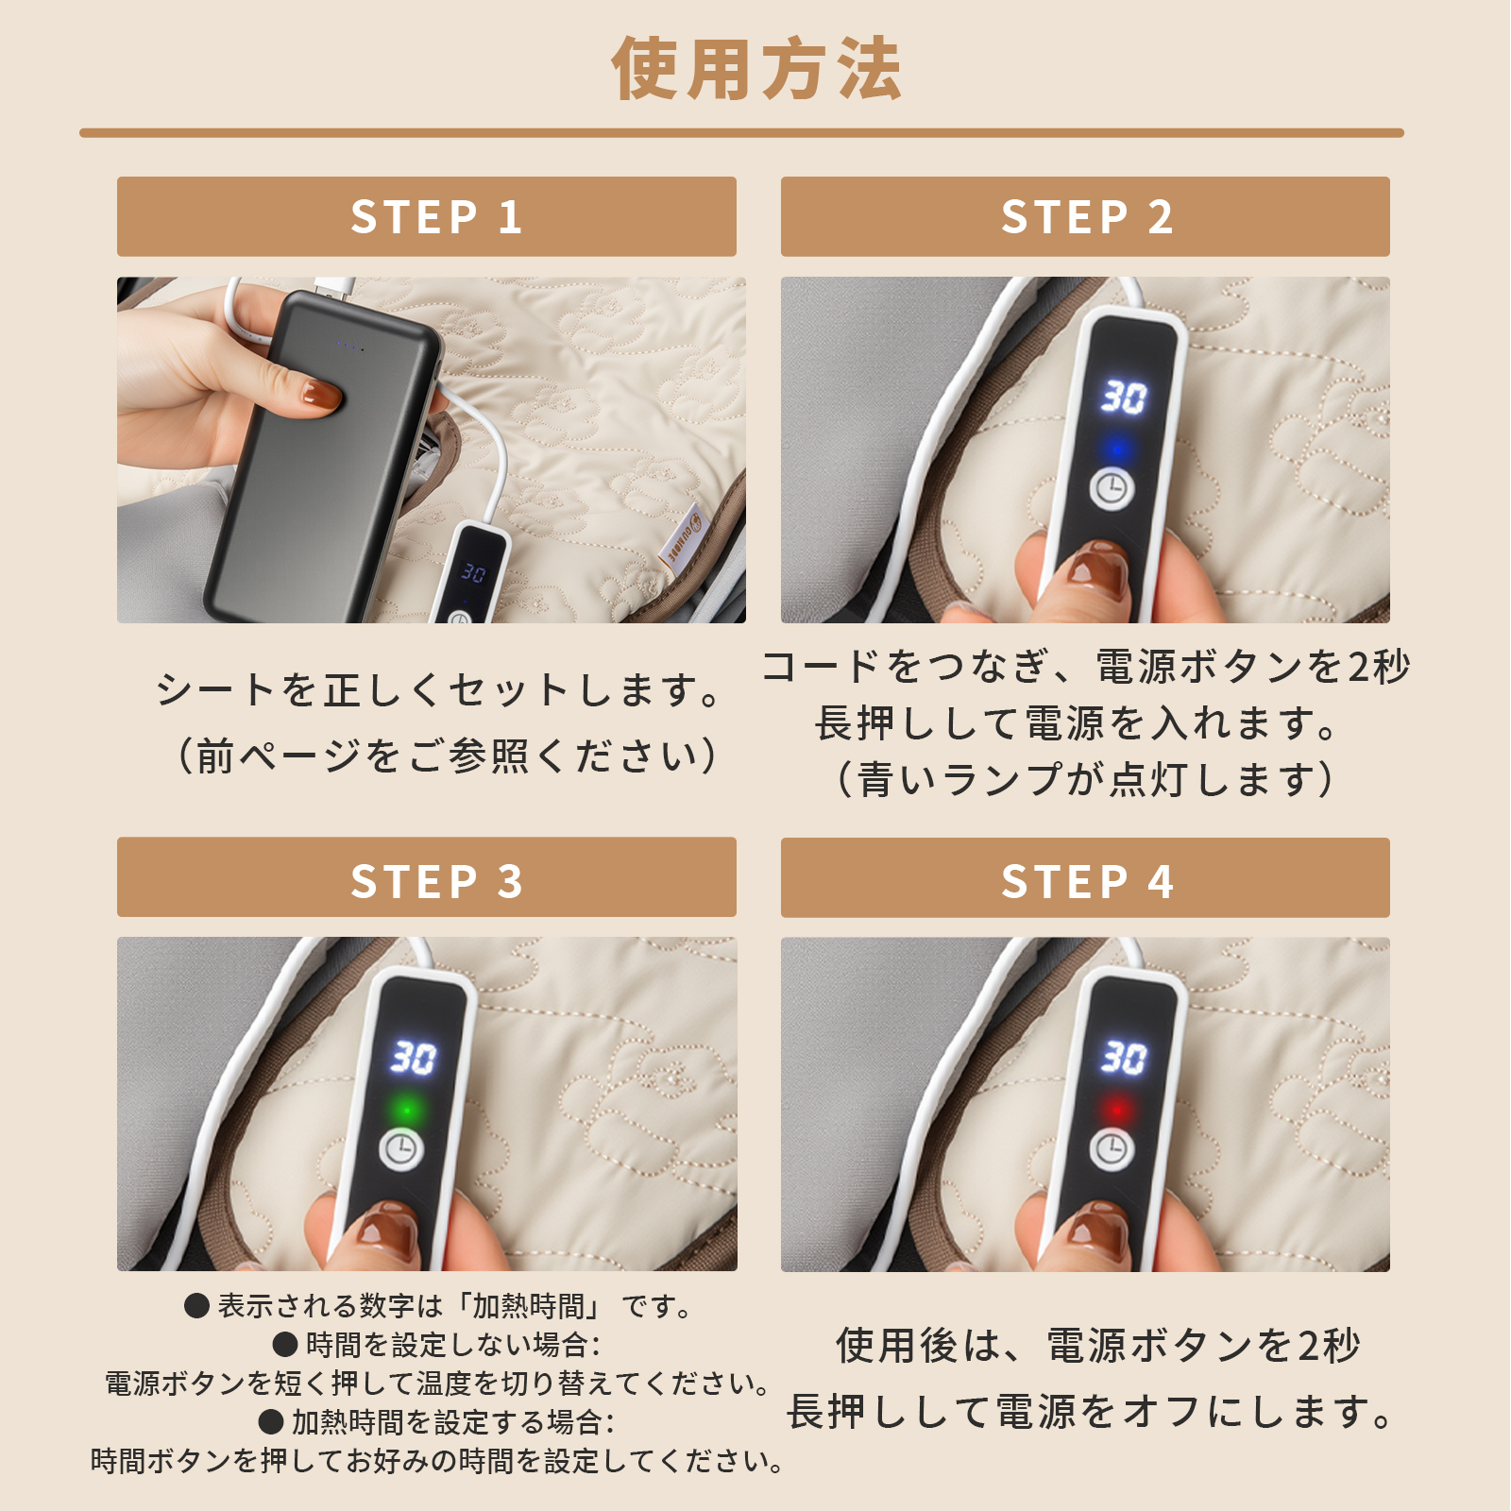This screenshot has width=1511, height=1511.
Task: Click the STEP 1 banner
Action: pos(427,216)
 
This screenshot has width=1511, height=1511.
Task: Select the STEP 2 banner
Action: pos(1085,216)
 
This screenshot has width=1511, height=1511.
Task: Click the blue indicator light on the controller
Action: pos(1118,448)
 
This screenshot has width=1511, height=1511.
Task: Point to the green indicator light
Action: pos(407,1109)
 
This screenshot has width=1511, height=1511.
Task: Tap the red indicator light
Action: pos(1117,1109)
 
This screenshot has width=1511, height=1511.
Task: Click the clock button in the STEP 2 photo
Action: pos(1112,488)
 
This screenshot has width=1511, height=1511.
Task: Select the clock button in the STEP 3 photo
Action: pos(401,1149)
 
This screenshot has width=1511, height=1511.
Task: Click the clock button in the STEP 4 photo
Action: pos(1112,1148)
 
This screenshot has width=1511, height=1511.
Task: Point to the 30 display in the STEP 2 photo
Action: pos(1123,397)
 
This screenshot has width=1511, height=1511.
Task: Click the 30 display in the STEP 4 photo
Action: pos(1123,1057)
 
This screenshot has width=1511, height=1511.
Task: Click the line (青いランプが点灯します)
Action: pos(1085,780)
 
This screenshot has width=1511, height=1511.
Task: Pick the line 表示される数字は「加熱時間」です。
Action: pos(440,1306)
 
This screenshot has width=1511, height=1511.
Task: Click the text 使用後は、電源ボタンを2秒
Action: pos(1097,1346)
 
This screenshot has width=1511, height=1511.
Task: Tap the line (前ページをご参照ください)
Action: pos(447,756)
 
